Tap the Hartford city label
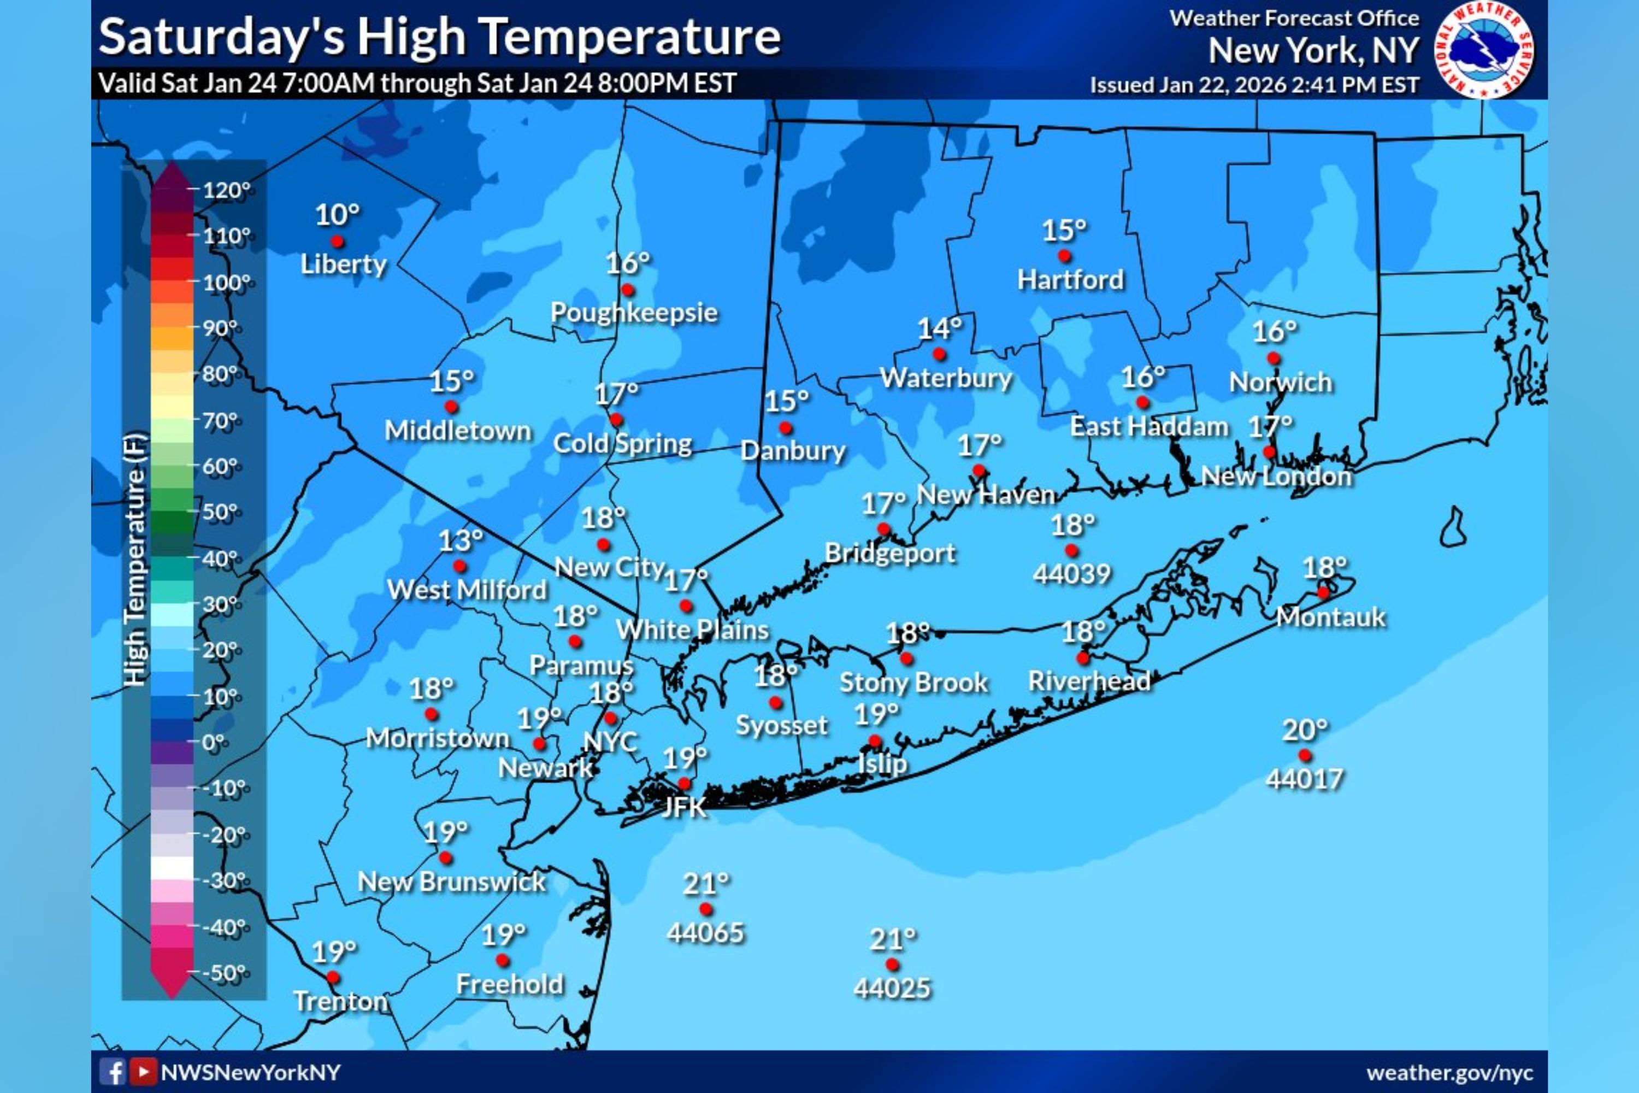click(x=1070, y=279)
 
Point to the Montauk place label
click(x=1331, y=617)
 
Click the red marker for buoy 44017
click(x=1305, y=755)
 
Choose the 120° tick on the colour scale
click(x=225, y=190)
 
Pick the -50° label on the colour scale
click(x=225, y=972)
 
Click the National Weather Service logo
click(x=1484, y=51)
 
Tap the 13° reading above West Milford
click(x=461, y=540)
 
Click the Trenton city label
click(x=340, y=1002)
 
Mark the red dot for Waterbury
click(x=939, y=354)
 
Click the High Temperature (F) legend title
click(x=136, y=557)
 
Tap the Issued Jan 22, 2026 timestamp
click(x=1254, y=85)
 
